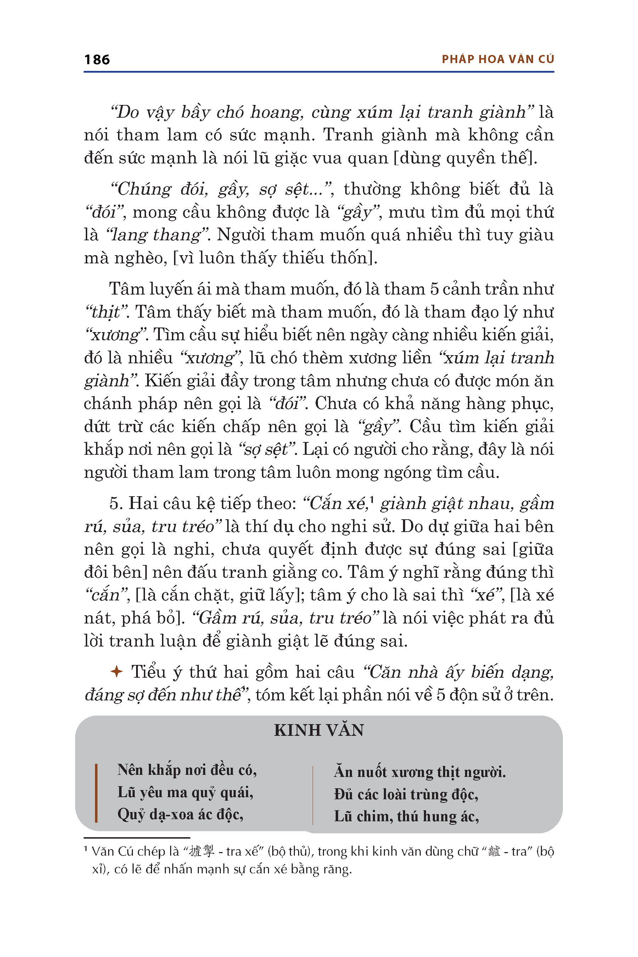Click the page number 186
[x=97, y=60]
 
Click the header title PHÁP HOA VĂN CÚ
[x=498, y=60]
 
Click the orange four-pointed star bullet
[x=116, y=672]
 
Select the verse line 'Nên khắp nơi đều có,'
[x=187, y=770]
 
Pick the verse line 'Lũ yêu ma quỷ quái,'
[x=185, y=792]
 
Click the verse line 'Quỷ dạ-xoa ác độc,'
[x=180, y=814]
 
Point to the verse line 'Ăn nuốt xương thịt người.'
[x=420, y=772]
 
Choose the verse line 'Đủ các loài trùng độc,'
[x=406, y=794]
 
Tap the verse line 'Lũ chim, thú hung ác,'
[x=406, y=816]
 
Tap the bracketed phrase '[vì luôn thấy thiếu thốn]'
[x=275, y=258]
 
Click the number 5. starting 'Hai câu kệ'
[x=116, y=504]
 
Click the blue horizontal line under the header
[x=319, y=72]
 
